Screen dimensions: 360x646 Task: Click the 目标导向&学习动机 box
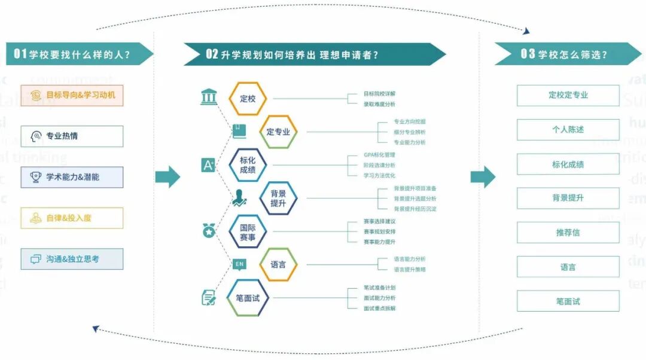[72, 95]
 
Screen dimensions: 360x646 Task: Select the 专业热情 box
[72, 136]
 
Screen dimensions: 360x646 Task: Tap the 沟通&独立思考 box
[72, 260]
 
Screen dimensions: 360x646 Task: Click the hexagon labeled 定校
[248, 99]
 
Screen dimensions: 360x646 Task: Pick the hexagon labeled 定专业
[278, 132]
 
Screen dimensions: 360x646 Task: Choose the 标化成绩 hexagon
[248, 165]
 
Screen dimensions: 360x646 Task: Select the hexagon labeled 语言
[278, 264]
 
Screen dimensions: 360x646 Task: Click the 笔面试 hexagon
[248, 297]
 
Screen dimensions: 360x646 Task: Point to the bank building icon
[209, 96]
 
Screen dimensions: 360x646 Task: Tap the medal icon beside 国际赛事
[209, 230]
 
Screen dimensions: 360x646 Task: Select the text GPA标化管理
[379, 155]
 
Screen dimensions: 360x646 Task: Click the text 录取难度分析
[379, 104]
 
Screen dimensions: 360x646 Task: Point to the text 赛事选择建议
[379, 221]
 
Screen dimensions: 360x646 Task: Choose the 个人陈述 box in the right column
[568, 130]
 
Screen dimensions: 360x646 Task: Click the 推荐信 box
[568, 233]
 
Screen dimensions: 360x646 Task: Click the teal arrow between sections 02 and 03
[483, 177]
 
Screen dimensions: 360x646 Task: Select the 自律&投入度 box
[72, 218]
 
